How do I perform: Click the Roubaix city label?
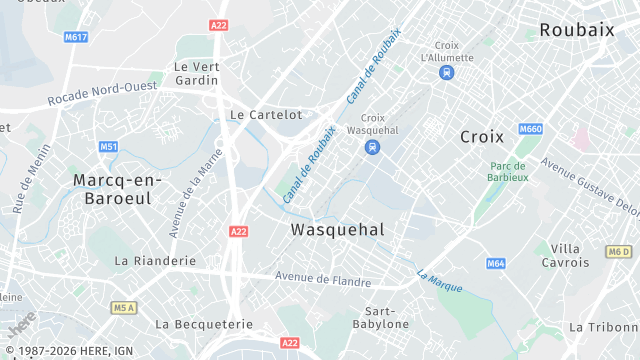pos(576,30)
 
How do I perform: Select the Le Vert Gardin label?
pos(196,73)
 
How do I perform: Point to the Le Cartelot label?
pos(265,115)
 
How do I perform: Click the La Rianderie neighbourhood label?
pos(155,260)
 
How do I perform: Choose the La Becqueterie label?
pos(204,324)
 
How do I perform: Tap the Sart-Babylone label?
pos(380,317)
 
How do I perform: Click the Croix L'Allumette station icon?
pos(446,72)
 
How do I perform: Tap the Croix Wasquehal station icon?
pos(372,147)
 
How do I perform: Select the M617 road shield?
pos(76,37)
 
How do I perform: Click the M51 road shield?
pos(108,147)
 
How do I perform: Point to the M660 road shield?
pos(530,129)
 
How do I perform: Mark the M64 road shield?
pos(496,263)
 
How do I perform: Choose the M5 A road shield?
pos(124,307)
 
